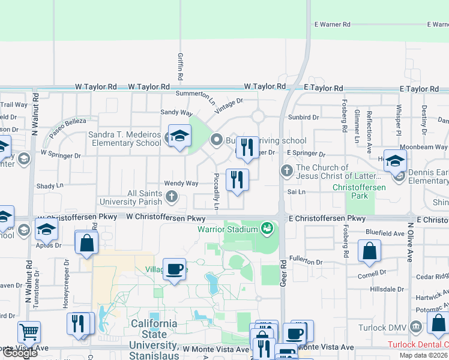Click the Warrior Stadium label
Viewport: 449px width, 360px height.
click(228, 229)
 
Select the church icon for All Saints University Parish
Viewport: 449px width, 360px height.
click(172, 196)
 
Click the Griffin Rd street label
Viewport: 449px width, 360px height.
click(179, 67)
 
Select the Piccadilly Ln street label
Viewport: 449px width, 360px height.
click(217, 191)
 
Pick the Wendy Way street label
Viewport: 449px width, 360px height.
click(181, 184)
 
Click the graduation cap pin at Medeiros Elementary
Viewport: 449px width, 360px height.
click(179, 136)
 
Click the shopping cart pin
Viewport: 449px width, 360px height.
click(28, 331)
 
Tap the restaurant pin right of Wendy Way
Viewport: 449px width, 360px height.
click(237, 180)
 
